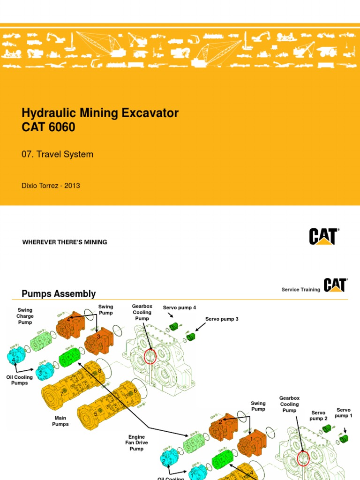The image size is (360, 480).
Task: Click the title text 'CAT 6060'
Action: [x=48, y=127]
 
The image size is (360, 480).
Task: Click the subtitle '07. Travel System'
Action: [x=58, y=154]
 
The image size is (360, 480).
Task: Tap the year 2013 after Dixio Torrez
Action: [x=72, y=186]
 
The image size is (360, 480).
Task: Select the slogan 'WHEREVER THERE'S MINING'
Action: [x=65, y=242]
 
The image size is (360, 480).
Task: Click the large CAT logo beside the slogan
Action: [x=323, y=236]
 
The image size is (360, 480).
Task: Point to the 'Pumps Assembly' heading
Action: [x=59, y=294]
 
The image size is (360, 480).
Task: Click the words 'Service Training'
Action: [x=300, y=290]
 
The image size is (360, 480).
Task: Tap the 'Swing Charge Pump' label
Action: [x=25, y=316]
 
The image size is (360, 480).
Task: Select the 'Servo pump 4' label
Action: [x=179, y=307]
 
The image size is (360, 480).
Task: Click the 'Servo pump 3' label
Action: [x=222, y=319]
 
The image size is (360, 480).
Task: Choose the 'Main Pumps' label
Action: [x=60, y=421]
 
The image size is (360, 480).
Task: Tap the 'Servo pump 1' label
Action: [x=344, y=413]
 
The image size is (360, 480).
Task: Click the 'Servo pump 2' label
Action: [x=318, y=416]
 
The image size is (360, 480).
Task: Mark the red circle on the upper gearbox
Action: [x=150, y=356]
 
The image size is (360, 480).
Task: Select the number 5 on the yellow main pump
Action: [x=96, y=414]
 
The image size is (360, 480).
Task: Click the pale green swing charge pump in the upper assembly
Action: [x=41, y=342]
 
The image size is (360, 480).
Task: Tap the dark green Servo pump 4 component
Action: [x=174, y=326]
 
